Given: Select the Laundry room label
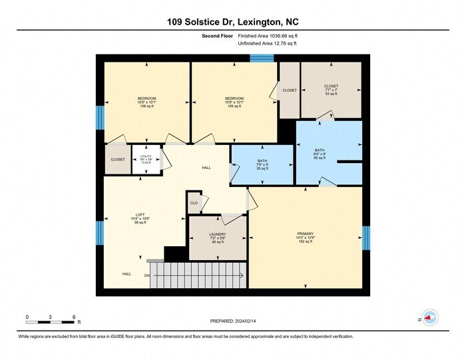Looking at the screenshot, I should pyautogui.click(x=217, y=238).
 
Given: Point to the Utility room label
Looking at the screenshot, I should pyautogui.click(x=146, y=159).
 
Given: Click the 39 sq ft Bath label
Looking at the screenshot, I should pyautogui.click(x=262, y=164).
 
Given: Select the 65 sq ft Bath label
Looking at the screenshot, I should pyautogui.click(x=320, y=154).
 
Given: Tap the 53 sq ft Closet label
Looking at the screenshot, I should pyautogui.click(x=331, y=90).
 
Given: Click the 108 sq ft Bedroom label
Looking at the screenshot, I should pyautogui.click(x=146, y=102).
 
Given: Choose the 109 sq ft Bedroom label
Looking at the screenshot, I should pyautogui.click(x=234, y=102).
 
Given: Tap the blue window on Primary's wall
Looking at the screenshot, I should pyautogui.click(x=365, y=238).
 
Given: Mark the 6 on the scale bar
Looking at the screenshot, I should pyautogui.click(x=74, y=317).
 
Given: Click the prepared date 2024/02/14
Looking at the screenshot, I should pyautogui.click(x=232, y=323).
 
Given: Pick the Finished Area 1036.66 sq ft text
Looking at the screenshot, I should pyautogui.click(x=267, y=36).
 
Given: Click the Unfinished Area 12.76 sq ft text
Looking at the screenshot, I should pyautogui.click(x=267, y=43).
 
